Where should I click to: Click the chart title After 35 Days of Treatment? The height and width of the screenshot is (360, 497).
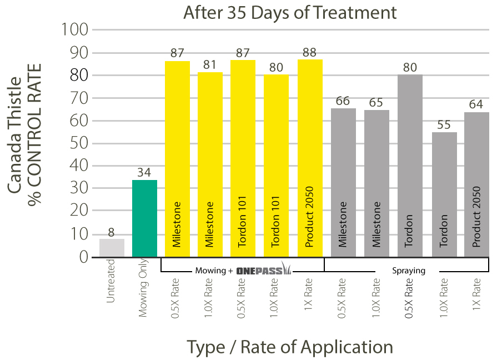pos(290,12)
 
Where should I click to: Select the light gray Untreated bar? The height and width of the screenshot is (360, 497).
pos(112,248)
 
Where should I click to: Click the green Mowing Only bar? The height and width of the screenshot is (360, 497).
pos(144,218)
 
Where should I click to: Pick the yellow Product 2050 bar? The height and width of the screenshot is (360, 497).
pos(310,158)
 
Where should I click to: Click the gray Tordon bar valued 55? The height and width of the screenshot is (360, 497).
pos(444,194)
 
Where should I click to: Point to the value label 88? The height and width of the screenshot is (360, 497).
pos(310,52)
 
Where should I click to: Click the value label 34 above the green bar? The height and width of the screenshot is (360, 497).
pos(144,173)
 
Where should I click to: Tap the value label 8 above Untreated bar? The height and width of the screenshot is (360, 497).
pos(112,232)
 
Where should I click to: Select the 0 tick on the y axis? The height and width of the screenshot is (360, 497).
pos(83,257)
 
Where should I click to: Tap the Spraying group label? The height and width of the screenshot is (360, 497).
pos(409,271)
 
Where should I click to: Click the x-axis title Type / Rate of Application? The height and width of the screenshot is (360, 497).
pos(290,347)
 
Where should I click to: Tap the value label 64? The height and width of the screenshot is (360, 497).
pos(477,105)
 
